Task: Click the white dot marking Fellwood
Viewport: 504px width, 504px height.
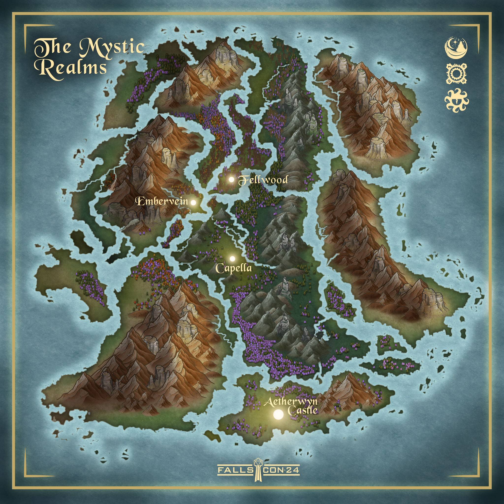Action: [231, 179]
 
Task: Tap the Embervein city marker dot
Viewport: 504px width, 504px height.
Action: [193, 202]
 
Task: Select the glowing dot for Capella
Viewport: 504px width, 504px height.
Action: [232, 259]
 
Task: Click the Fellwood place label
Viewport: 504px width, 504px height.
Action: [263, 180]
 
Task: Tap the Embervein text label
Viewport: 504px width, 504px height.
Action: [162, 201]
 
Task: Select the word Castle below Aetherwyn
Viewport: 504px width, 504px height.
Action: [303, 411]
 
